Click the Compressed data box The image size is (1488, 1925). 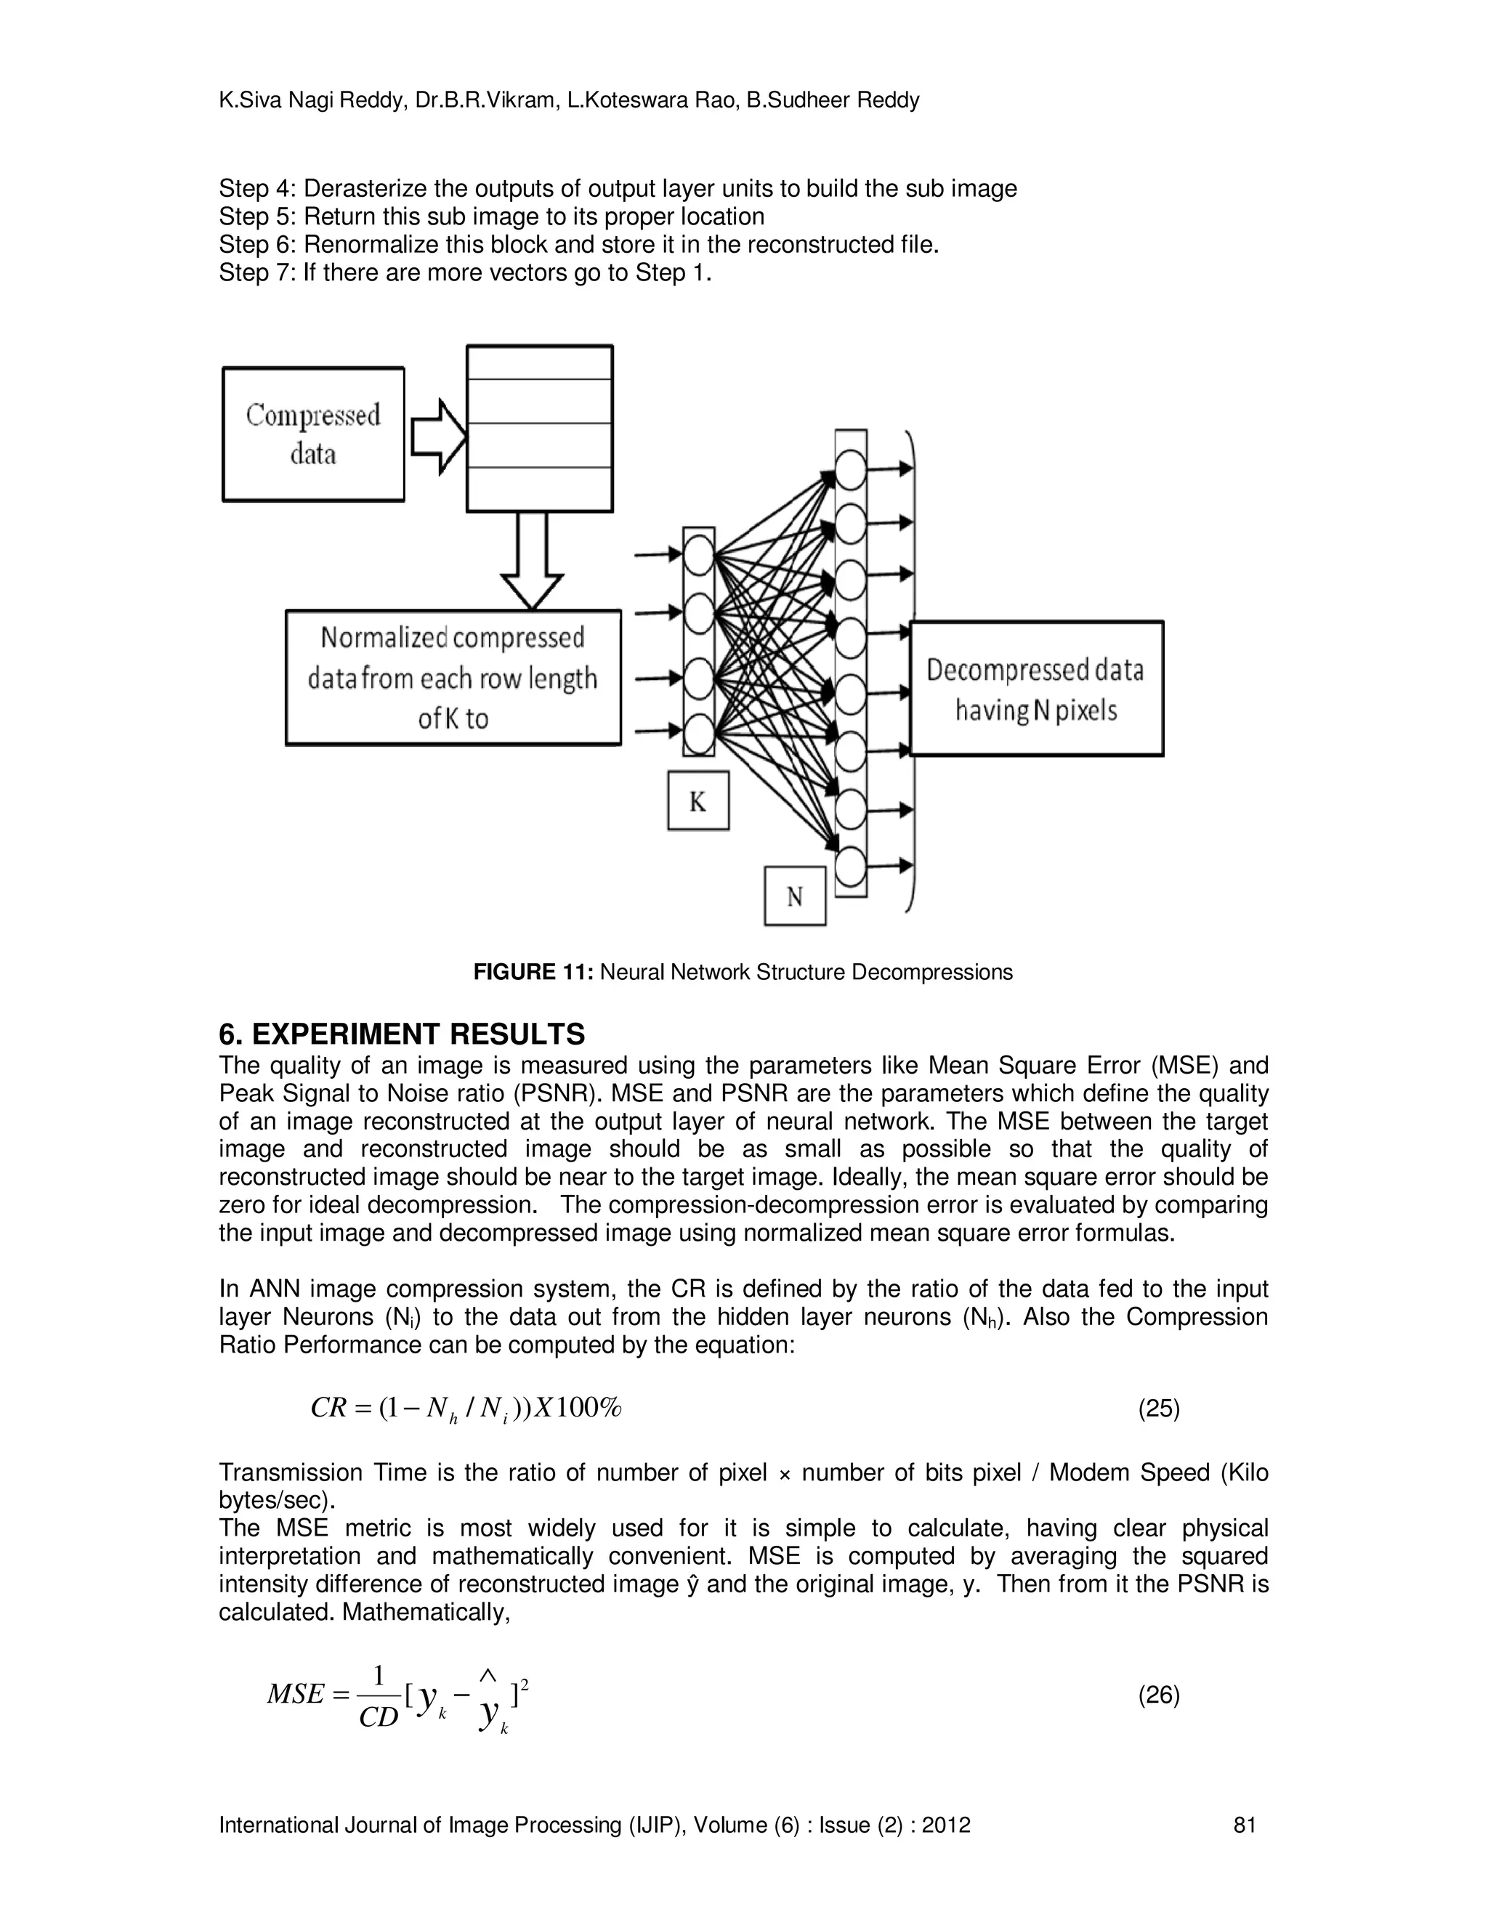pyautogui.click(x=313, y=434)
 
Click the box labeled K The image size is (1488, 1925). pyautogui.click(x=697, y=801)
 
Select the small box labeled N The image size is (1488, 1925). pyautogui.click(x=794, y=896)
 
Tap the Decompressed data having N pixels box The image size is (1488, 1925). pyautogui.click(x=1036, y=689)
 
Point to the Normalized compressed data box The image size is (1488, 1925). pyautogui.click(x=453, y=678)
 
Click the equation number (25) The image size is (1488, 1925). pyautogui.click(x=1158, y=1409)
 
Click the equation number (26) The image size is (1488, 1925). pyautogui.click(x=1158, y=1695)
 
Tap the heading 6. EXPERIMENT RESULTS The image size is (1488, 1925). pyautogui.click(x=401, y=1033)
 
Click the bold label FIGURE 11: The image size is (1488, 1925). pyautogui.click(x=533, y=972)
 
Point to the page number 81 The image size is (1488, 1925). pyautogui.click(x=1244, y=1825)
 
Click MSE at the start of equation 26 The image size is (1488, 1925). pyautogui.click(x=295, y=1694)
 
